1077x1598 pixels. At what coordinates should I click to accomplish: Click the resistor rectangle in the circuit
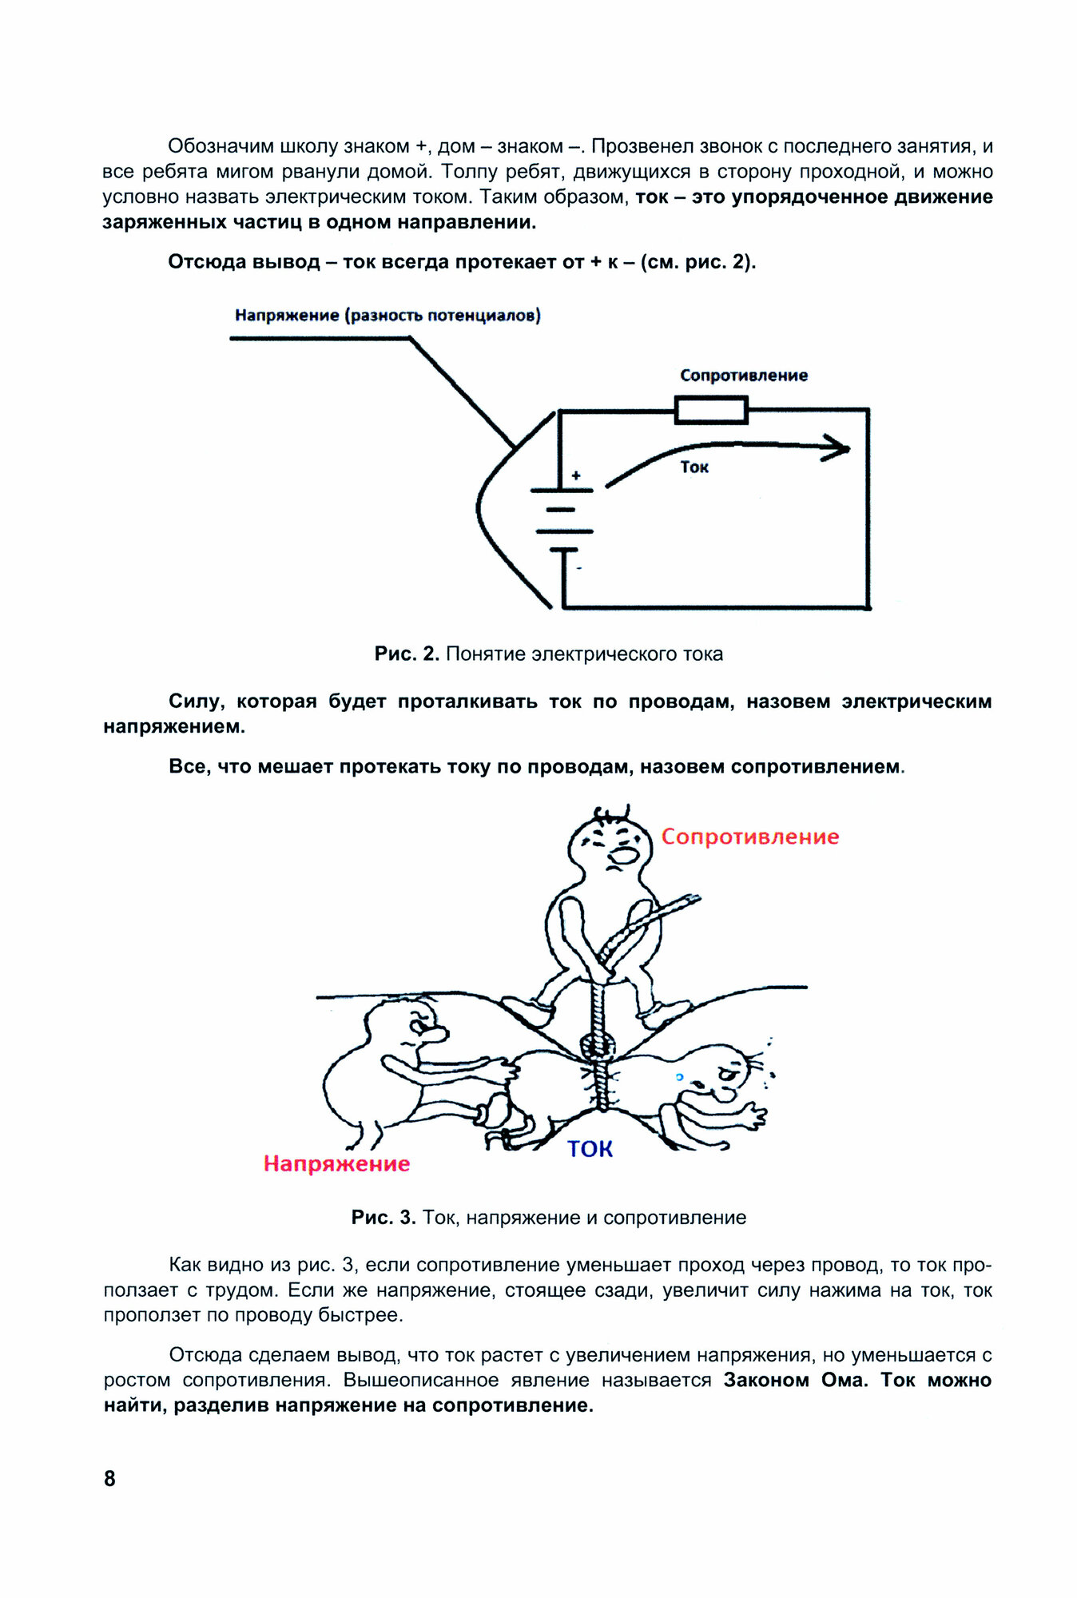[x=711, y=411]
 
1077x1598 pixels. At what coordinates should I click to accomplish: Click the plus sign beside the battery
[x=576, y=476]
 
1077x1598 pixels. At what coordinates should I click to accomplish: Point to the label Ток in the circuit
[x=694, y=467]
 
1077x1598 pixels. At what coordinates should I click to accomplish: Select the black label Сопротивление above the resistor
[x=743, y=376]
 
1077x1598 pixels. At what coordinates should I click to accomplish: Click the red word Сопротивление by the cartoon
[x=749, y=837]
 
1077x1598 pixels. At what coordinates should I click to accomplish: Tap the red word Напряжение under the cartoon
[x=336, y=1164]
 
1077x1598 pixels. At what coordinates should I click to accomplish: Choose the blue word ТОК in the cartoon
[x=590, y=1149]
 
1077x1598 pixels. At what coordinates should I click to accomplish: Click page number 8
[x=109, y=1478]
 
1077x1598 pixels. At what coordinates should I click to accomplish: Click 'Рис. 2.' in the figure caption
[x=407, y=654]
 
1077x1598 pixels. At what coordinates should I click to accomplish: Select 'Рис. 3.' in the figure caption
[x=384, y=1218]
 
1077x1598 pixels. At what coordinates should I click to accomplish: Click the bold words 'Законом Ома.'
[x=795, y=1381]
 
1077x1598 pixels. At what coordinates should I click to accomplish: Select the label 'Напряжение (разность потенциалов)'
[x=387, y=316]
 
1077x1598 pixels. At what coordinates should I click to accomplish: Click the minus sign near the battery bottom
[x=579, y=569]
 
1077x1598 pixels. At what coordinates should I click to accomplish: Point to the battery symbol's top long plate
[x=562, y=490]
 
